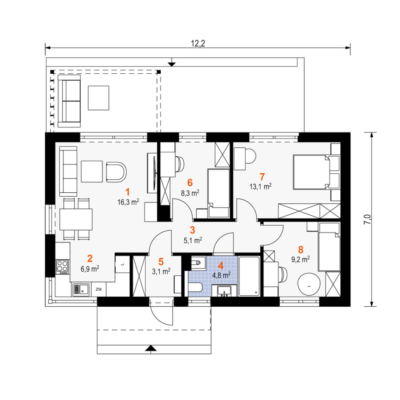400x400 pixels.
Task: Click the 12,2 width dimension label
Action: (198, 44)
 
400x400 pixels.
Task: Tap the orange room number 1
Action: (128, 192)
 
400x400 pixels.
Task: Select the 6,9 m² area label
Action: (90, 269)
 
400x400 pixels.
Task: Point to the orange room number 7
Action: (262, 177)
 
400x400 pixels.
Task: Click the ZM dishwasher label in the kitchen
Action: (98, 289)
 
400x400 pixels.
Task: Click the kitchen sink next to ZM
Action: (81, 290)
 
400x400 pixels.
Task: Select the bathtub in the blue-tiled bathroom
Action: (250, 276)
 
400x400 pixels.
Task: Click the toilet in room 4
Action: (195, 287)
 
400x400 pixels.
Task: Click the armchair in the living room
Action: (116, 172)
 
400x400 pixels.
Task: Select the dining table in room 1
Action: (76, 219)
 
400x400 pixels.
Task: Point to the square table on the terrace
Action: (98, 98)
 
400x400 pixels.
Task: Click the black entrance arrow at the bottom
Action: (151, 348)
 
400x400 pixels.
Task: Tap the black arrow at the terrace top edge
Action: (172, 64)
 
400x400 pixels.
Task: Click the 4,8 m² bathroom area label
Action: (222, 275)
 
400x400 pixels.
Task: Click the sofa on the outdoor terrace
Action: (69, 101)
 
